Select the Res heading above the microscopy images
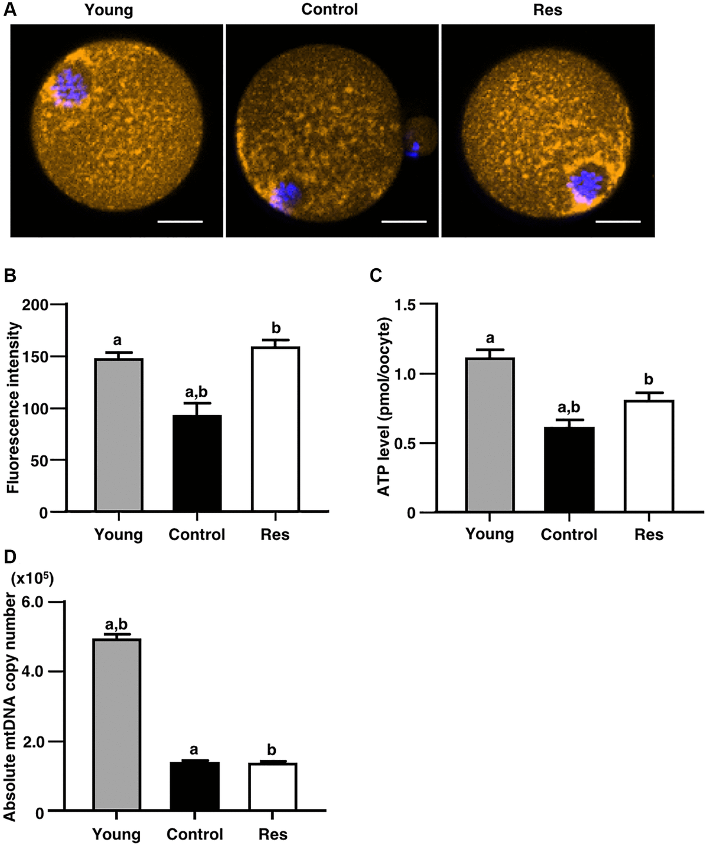pyautogui.click(x=547, y=9)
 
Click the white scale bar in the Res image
pyautogui.click(x=617, y=222)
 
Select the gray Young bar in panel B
pyautogui.click(x=119, y=434)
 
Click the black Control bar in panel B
pyautogui.click(x=197, y=462)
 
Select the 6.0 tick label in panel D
pyautogui.click(x=33, y=603)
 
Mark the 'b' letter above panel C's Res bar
pyautogui.click(x=649, y=379)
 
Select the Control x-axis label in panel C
pyautogui.click(x=569, y=535)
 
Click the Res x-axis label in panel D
pyautogui.click(x=273, y=835)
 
